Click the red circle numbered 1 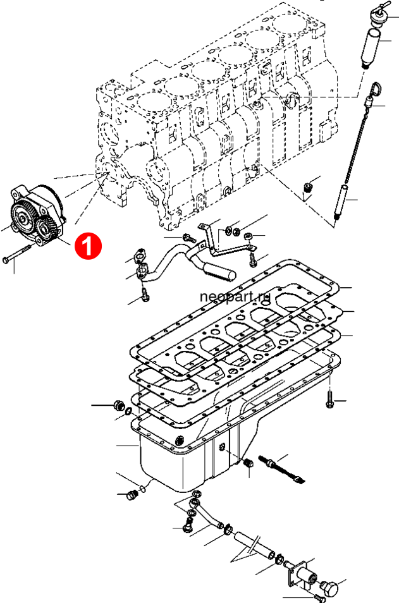coord(88,245)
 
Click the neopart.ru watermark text coord(235,296)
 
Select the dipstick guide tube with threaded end coord(341,202)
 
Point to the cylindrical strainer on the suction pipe coord(219,271)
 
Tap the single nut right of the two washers coord(249,235)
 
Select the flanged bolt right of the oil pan coord(329,400)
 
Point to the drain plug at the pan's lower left coord(132,496)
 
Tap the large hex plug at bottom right coord(329,588)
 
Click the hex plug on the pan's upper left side coord(118,405)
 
